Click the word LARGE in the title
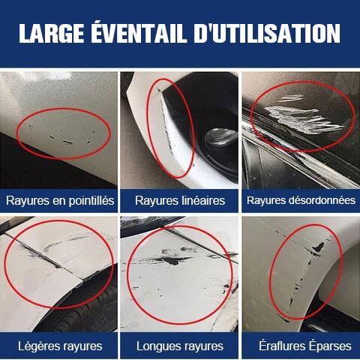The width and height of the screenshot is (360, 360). pos(52,34)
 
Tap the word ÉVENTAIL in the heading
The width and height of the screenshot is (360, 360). pos(139,32)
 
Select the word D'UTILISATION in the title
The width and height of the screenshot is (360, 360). pos(267,34)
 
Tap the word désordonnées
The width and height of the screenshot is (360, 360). pos(325,200)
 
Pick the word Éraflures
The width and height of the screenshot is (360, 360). pos(282,346)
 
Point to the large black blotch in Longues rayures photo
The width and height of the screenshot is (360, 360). pos(172,260)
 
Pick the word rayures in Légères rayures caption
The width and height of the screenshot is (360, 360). pos(81,346)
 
